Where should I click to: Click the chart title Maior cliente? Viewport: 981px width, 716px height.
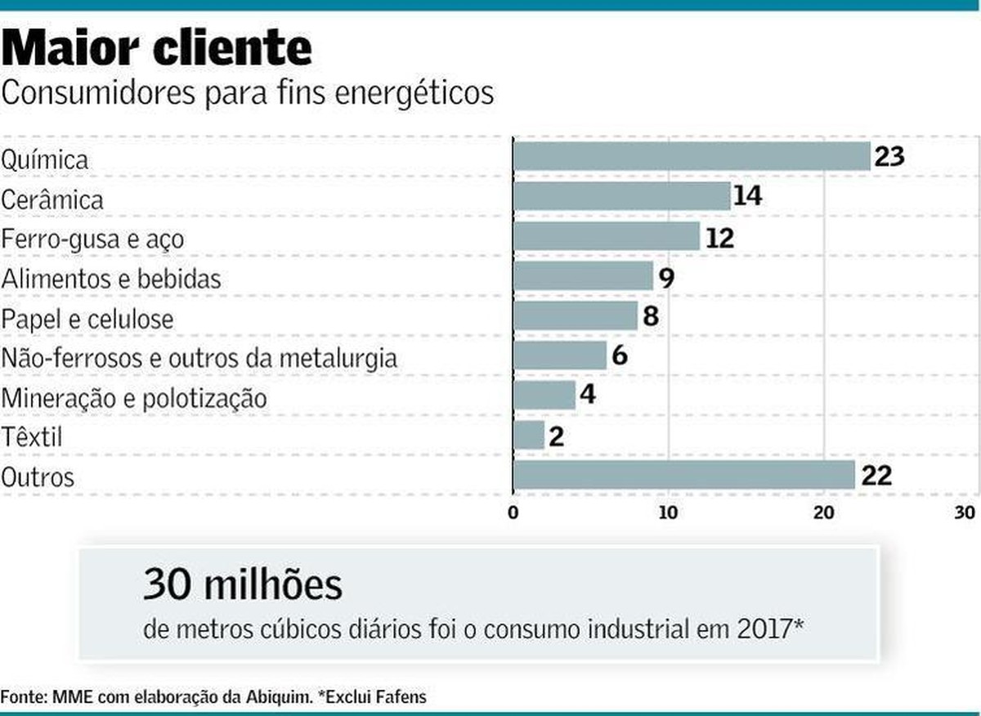pyautogui.click(x=157, y=48)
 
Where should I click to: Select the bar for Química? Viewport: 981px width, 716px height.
pyautogui.click(x=691, y=156)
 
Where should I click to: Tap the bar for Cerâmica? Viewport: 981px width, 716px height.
pyautogui.click(x=621, y=196)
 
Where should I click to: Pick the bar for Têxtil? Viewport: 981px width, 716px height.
pyautogui.click(x=529, y=435)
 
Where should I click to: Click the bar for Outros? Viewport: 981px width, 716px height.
pyautogui.click(x=683, y=475)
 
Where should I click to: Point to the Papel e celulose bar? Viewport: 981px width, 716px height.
pyautogui.click(x=576, y=315)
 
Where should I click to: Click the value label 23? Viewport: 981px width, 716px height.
pyautogui.click(x=889, y=156)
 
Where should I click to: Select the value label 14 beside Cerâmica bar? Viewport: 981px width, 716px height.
pyautogui.click(x=747, y=196)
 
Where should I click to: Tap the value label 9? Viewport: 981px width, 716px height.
pyautogui.click(x=666, y=276)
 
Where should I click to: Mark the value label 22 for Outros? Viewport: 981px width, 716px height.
pyautogui.click(x=874, y=475)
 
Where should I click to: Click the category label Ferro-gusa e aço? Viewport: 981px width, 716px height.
pyautogui.click(x=92, y=240)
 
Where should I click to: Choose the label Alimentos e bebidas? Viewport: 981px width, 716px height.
pyautogui.click(x=111, y=280)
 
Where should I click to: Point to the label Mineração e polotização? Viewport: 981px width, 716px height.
pyautogui.click(x=134, y=400)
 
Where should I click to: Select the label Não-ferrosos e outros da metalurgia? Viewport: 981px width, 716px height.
pyautogui.click(x=199, y=359)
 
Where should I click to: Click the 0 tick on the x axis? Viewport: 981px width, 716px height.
pyautogui.click(x=513, y=513)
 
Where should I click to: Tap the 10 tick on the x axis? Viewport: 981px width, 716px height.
pyautogui.click(x=668, y=513)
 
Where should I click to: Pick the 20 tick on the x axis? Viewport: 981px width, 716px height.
pyautogui.click(x=823, y=513)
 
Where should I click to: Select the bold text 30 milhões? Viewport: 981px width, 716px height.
pyautogui.click(x=243, y=584)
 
